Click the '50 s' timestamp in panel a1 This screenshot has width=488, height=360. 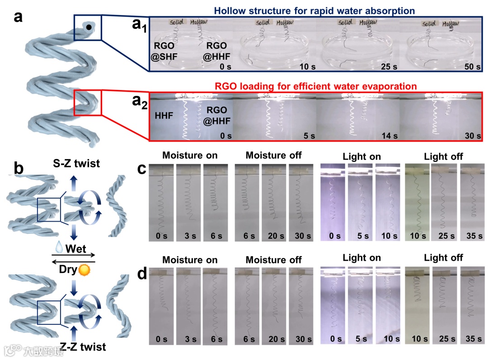[x=469, y=66]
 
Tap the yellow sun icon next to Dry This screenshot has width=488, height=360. [x=84, y=270]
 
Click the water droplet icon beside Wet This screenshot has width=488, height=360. [x=58, y=248]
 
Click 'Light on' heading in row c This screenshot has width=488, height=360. [x=361, y=156]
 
